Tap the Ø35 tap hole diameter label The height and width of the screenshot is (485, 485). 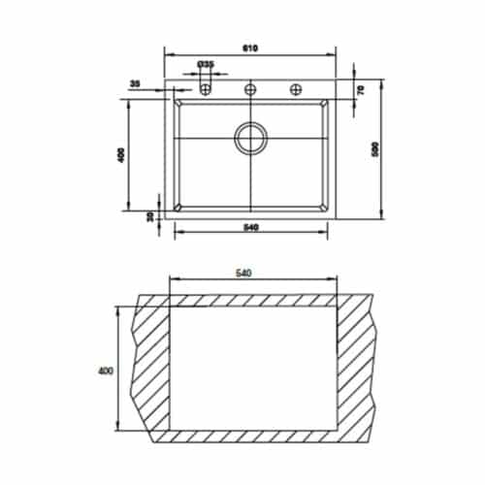[206, 64]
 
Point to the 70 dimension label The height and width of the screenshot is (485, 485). [360, 89]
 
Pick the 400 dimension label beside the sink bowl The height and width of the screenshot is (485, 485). [121, 155]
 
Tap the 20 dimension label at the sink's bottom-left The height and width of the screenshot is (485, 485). [150, 216]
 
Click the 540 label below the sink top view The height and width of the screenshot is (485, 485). [250, 229]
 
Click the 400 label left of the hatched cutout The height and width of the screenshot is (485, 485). [106, 370]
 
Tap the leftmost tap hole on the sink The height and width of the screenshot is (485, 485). [206, 89]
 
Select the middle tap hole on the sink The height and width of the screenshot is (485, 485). [250, 89]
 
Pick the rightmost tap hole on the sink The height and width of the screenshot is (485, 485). [296, 89]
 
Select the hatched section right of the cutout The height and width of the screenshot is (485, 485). [357, 369]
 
